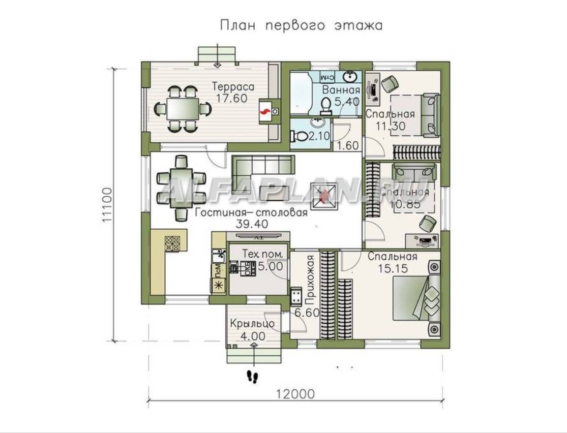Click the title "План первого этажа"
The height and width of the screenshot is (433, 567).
[301, 25]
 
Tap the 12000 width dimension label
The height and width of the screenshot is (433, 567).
[295, 394]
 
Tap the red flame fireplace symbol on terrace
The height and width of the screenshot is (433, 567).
[264, 113]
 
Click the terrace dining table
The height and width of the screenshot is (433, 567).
[183, 108]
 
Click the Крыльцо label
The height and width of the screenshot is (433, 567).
[252, 324]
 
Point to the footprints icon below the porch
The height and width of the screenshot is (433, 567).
[252, 377]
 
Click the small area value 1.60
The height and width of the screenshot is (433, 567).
[348, 145]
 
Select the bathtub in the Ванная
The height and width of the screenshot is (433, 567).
[301, 94]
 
